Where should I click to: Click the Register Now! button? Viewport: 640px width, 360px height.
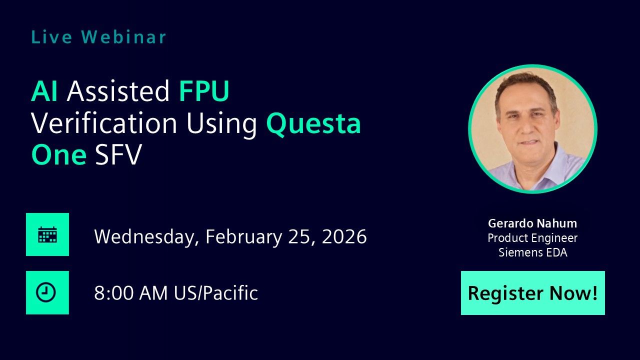click(x=532, y=293)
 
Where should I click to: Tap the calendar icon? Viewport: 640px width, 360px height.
click(x=47, y=234)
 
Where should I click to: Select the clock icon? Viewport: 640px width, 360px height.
click(x=47, y=293)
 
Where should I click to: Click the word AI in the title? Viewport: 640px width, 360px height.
click(x=44, y=91)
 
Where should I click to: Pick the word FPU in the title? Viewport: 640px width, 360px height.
click(x=204, y=91)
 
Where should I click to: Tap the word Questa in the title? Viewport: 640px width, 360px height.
click(x=313, y=123)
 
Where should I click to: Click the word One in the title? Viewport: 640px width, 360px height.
click(x=59, y=155)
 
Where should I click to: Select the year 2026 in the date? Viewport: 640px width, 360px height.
click(x=344, y=236)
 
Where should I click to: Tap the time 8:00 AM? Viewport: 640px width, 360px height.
click(x=131, y=293)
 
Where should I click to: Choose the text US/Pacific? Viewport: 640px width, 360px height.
click(x=216, y=293)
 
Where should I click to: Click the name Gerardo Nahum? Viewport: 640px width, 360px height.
click(x=532, y=223)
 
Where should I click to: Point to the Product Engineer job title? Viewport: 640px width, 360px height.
click(x=532, y=238)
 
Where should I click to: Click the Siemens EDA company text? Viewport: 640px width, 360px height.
click(x=532, y=252)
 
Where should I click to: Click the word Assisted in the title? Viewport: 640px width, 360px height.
click(x=118, y=91)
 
